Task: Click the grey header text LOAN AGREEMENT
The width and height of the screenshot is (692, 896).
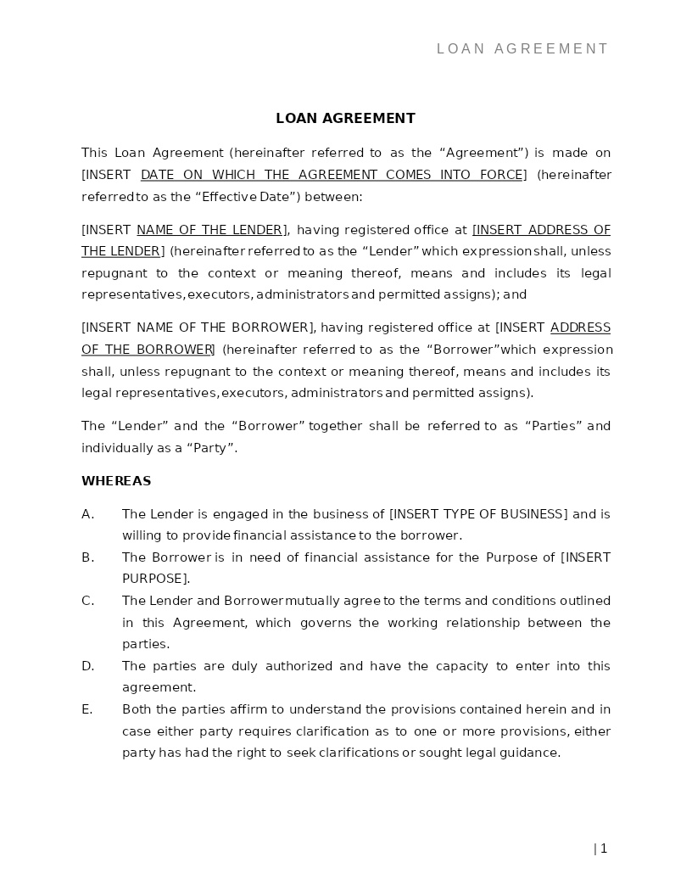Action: point(522,49)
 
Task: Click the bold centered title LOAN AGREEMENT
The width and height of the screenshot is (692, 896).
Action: point(345,119)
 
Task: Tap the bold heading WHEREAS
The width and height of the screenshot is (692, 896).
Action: point(116,481)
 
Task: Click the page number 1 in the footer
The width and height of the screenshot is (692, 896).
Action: point(603,848)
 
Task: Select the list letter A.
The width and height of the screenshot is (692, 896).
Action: point(86,514)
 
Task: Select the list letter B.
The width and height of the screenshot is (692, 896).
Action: point(86,557)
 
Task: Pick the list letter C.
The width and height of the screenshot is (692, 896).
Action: point(86,601)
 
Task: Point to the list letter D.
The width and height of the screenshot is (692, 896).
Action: point(87,666)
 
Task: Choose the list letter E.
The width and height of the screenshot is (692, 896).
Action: point(86,709)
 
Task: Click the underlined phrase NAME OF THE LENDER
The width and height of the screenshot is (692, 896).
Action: point(209,230)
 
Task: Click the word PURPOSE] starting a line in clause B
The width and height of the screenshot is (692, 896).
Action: point(155,579)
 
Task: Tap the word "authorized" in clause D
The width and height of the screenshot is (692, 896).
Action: point(299,666)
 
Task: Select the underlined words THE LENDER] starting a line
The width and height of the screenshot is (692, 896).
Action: point(122,251)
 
